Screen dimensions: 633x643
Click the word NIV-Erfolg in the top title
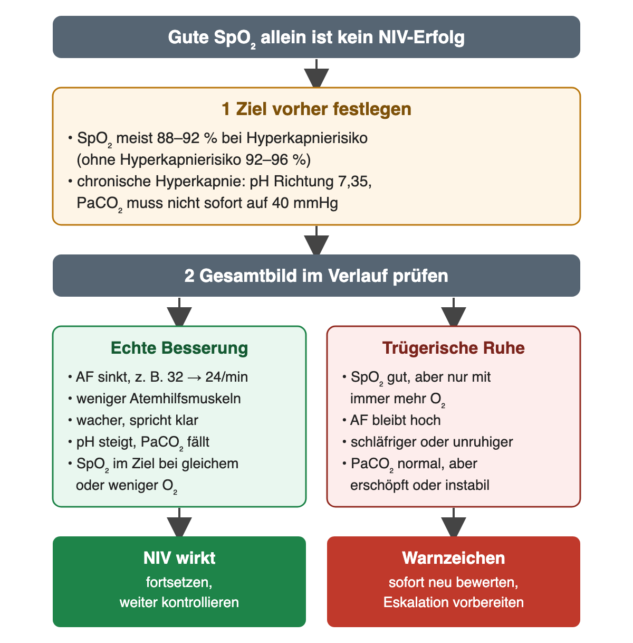pos(421,37)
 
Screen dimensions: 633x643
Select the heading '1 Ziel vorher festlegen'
pos(316,109)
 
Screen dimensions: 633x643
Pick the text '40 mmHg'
pos(305,203)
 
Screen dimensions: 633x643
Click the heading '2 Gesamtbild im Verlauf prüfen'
pos(316,276)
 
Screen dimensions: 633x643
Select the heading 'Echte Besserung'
pos(179,348)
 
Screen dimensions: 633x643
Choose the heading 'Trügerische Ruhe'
pos(454,348)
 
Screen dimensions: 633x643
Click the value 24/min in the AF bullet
pos(226,377)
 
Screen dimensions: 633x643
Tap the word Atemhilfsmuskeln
pos(185,399)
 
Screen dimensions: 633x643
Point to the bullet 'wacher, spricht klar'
pos(137,420)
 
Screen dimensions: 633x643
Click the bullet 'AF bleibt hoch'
pos(395,420)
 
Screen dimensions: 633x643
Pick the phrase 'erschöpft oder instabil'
pos(419,485)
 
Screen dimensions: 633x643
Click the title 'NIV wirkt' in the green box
pos(179,558)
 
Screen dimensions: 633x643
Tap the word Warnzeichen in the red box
pos(454,558)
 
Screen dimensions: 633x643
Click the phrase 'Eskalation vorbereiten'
pos(454,602)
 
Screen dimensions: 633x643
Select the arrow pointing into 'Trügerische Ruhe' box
pos(454,312)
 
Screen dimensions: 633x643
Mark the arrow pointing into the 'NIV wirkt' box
pos(179,522)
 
